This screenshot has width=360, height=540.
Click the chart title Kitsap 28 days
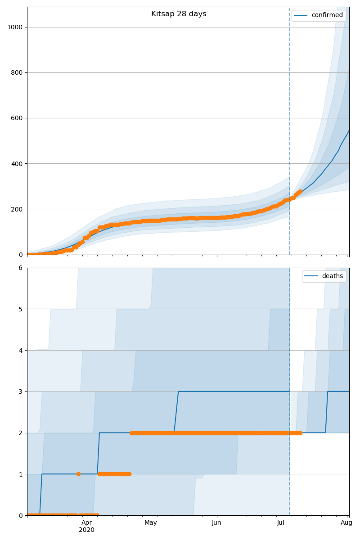179,14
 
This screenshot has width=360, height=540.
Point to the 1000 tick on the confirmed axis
15,27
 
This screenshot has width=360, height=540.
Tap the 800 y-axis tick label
17,72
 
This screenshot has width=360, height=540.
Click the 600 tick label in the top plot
17,118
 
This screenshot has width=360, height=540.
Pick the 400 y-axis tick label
17,163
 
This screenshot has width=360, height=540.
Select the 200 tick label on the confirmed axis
17,209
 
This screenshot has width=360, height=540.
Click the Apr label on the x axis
87,522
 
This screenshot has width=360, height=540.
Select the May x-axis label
151,522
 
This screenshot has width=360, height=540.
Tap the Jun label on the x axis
217,522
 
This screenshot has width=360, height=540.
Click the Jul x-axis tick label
281,522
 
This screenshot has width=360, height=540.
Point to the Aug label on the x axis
346,522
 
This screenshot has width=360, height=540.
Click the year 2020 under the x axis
87,530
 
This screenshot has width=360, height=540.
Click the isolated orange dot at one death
78,474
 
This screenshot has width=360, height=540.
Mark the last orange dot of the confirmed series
300,191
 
